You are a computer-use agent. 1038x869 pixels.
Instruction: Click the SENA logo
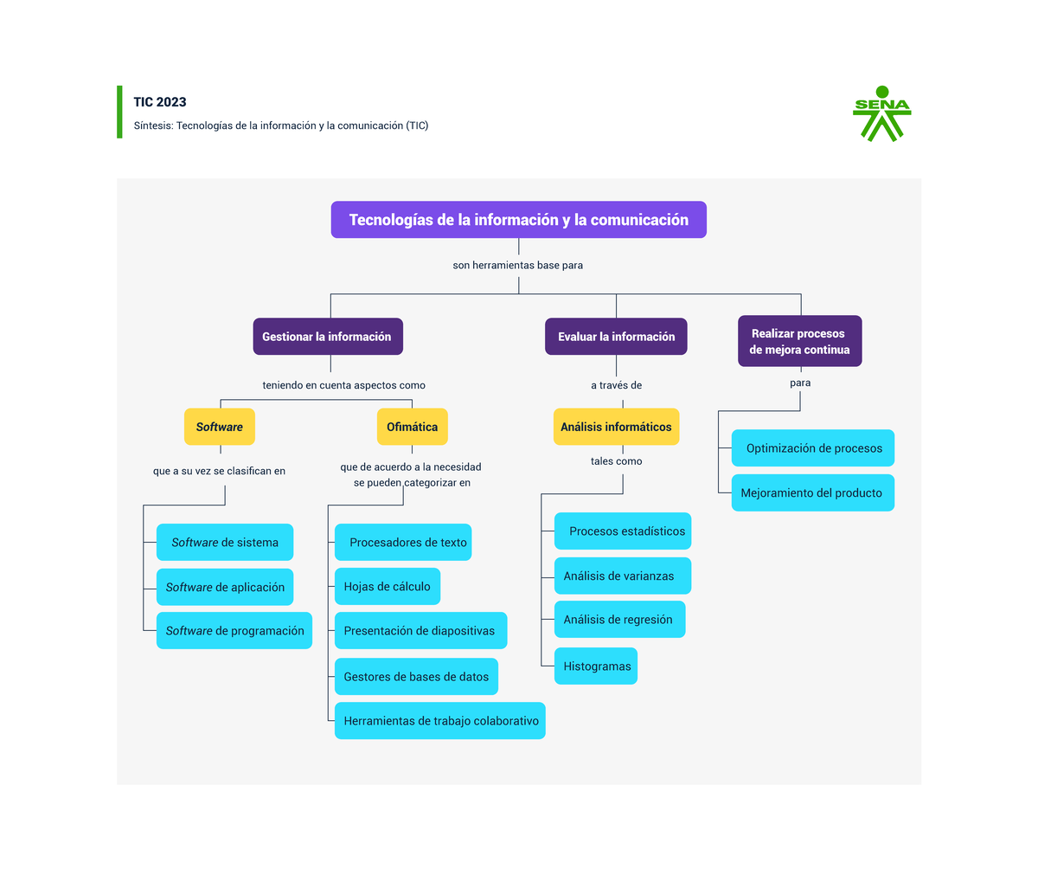pyautogui.click(x=881, y=113)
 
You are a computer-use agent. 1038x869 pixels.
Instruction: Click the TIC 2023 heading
pyautogui.click(x=159, y=102)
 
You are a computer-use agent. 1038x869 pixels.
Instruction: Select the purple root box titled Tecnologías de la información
pyautogui.click(x=518, y=219)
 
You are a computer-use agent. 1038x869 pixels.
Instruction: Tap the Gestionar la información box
pyautogui.click(x=328, y=336)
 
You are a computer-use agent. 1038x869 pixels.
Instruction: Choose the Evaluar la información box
pyautogui.click(x=616, y=336)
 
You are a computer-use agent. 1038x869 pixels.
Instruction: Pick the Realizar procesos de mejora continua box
pyautogui.click(x=799, y=341)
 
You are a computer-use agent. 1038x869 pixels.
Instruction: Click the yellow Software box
pyautogui.click(x=219, y=427)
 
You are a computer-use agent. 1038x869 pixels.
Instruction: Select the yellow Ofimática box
pyautogui.click(x=412, y=427)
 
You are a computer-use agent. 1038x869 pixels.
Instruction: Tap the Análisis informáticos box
pyautogui.click(x=616, y=427)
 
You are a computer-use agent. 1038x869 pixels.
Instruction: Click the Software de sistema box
pyautogui.click(x=225, y=542)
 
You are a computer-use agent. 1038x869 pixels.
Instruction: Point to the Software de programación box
pyautogui.click(x=234, y=630)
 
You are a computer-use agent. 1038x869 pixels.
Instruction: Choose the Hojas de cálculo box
pyautogui.click(x=388, y=586)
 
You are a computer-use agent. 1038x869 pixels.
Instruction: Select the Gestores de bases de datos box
pyautogui.click(x=416, y=676)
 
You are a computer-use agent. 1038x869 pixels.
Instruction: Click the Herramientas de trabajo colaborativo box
pyautogui.click(x=440, y=720)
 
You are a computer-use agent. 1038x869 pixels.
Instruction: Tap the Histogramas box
pyautogui.click(x=596, y=666)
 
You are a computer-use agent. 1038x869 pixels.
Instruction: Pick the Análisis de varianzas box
pyautogui.click(x=623, y=576)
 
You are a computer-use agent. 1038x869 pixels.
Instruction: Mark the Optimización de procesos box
pyautogui.click(x=813, y=447)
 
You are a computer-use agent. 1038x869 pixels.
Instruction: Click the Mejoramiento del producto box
pyautogui.click(x=813, y=492)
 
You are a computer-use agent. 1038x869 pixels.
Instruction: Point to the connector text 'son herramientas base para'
pyautogui.click(x=517, y=265)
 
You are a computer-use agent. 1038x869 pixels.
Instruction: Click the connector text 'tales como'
pyautogui.click(x=616, y=461)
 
